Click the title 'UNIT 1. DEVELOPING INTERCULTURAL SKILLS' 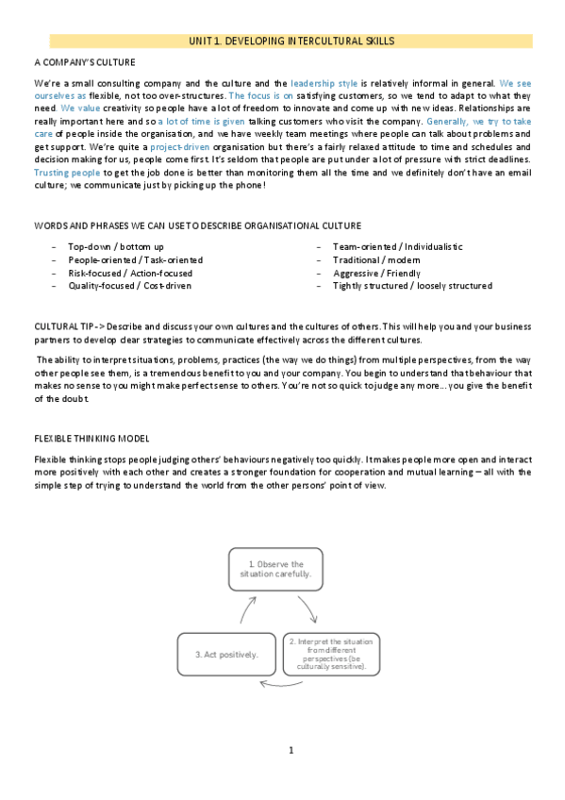(x=291, y=42)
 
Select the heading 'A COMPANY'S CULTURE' (x=84, y=62)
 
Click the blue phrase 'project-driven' (x=180, y=147)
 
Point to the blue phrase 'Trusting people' (x=66, y=173)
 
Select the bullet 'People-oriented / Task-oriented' (x=135, y=259)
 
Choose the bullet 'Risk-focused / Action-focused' (x=130, y=273)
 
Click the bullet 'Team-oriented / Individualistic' (x=397, y=246)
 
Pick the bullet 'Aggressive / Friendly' (x=375, y=273)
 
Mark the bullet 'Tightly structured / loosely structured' (x=411, y=286)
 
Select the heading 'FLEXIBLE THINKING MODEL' (x=91, y=439)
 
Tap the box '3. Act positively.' (x=224, y=654)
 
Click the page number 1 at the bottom (x=291, y=751)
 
